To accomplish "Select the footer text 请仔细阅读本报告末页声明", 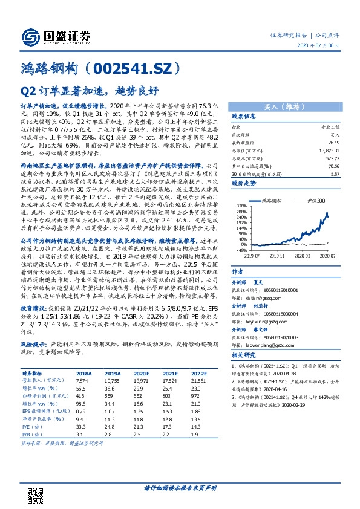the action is pyautogui.click(x=180, y=487).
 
